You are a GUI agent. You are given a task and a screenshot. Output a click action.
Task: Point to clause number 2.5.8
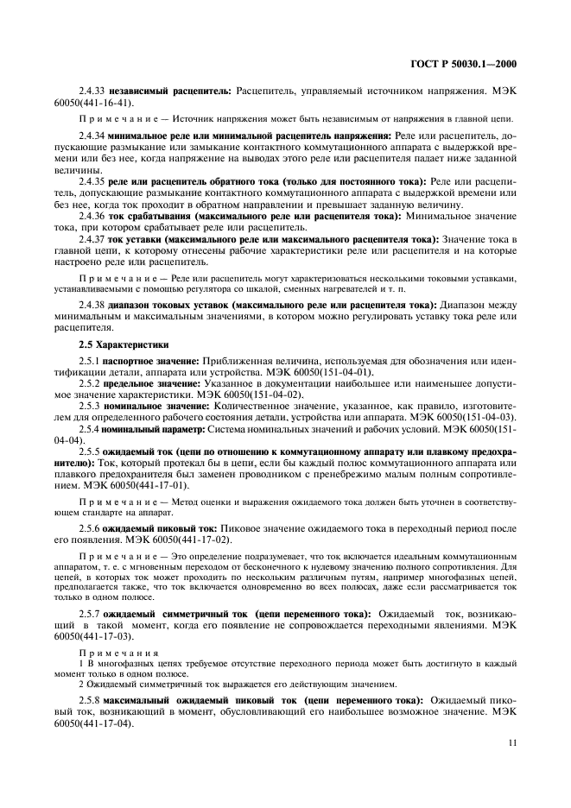coord(89,696)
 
